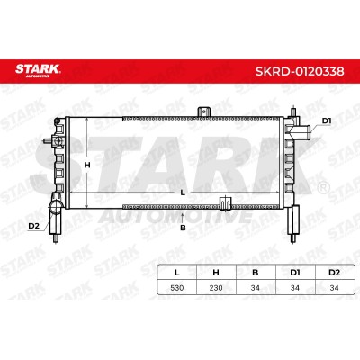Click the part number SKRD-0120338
tap(300, 71)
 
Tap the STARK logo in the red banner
tap(38, 70)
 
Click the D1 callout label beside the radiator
tap(327, 121)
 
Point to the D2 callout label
tap(34, 226)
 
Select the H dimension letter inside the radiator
tap(87, 165)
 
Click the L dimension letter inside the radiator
tap(183, 193)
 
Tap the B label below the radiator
tap(183, 228)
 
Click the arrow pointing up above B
tap(183, 217)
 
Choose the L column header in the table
tap(177, 273)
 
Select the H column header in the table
tap(216, 273)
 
